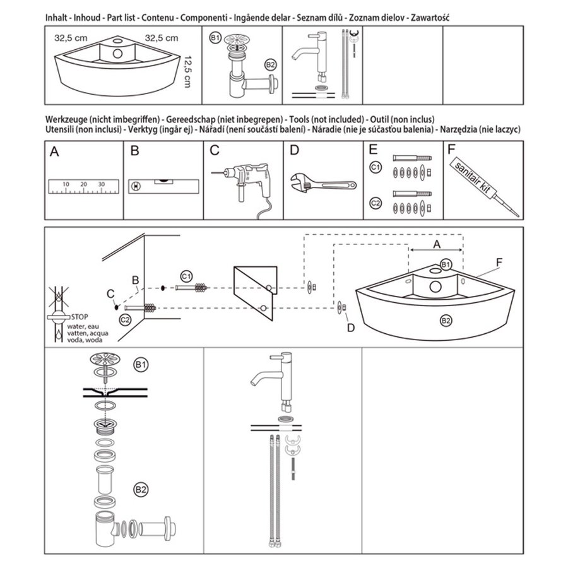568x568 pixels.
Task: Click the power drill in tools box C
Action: (x=243, y=180)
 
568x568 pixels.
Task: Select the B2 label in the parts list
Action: (x=271, y=65)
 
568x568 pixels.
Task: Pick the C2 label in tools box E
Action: (x=375, y=203)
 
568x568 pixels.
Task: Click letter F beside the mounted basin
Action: (x=499, y=261)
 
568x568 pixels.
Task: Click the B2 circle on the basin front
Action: (x=446, y=321)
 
